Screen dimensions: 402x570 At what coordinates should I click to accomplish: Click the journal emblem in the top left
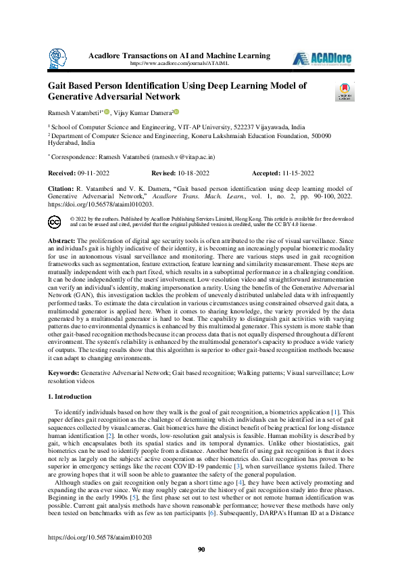(x=59, y=59)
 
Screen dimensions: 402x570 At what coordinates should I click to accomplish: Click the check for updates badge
(x=344, y=92)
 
